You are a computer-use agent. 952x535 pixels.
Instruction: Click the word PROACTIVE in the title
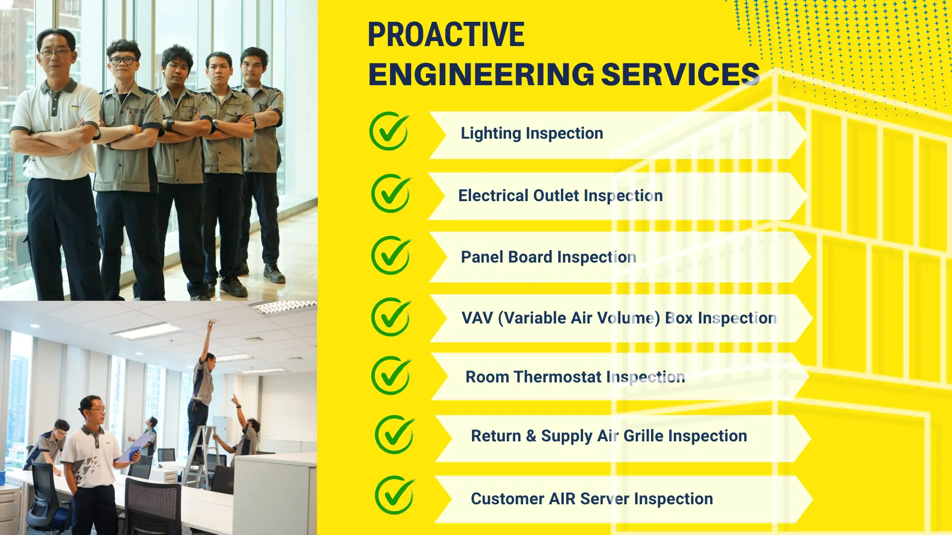tap(446, 35)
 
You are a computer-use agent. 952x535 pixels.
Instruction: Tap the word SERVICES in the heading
tap(680, 74)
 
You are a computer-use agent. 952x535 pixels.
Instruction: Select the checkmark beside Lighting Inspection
tap(390, 131)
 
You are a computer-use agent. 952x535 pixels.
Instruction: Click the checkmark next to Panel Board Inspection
tap(391, 256)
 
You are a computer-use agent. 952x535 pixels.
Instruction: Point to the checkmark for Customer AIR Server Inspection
tap(395, 495)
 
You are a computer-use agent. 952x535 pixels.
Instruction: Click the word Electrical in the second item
tap(493, 196)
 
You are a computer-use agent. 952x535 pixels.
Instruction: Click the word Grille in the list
tap(643, 436)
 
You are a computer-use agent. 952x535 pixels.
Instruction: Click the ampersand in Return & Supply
tap(531, 436)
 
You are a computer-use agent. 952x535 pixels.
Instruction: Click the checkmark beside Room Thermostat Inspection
tap(391, 375)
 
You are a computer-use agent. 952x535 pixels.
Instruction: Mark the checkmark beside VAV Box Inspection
tap(391, 317)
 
